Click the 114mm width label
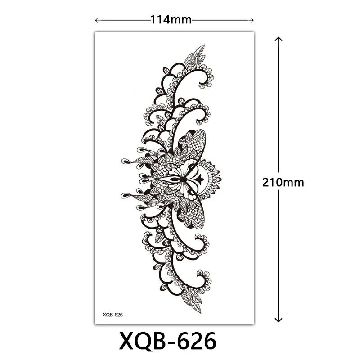click(x=171, y=20)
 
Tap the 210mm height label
click(x=283, y=183)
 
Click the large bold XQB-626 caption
click(x=167, y=341)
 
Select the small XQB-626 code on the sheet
click(x=113, y=315)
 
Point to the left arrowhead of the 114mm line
click(x=97, y=20)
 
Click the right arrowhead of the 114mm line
click(x=252, y=20)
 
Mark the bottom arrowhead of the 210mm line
click(x=279, y=319)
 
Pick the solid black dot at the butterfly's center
click(x=183, y=179)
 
